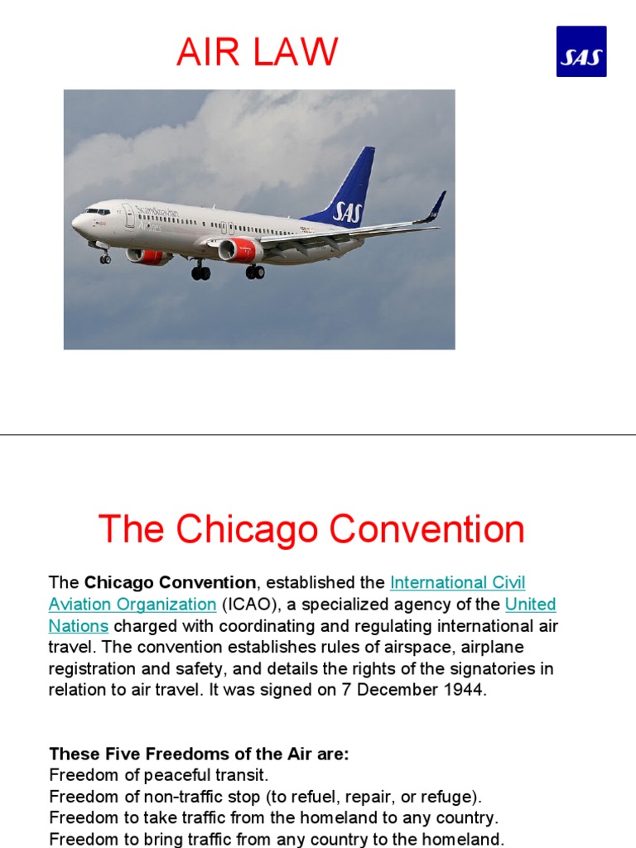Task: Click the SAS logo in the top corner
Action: [581, 51]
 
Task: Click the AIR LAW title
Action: [257, 52]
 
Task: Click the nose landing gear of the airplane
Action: [105, 258]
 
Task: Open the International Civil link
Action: [457, 582]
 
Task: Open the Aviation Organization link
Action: [132, 604]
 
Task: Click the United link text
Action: [530, 604]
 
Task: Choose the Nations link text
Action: [79, 625]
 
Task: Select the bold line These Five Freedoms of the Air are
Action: [199, 754]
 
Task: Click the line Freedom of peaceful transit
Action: [159, 775]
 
